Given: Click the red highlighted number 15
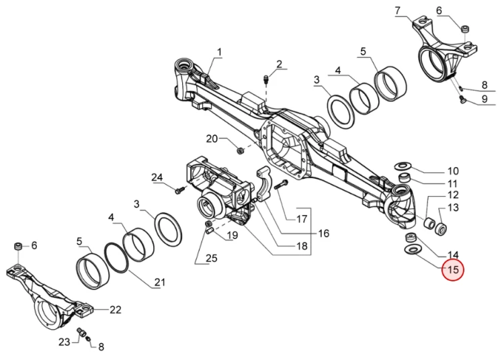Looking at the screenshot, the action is (x=452, y=270).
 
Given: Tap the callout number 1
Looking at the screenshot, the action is (x=220, y=52).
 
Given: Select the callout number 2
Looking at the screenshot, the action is (x=279, y=64).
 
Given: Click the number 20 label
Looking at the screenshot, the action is (x=212, y=139).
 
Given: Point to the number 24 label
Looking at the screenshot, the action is (x=157, y=177).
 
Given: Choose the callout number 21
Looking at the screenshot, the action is (x=160, y=282).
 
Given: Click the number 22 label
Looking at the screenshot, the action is (x=116, y=310).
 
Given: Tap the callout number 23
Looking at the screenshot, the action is (x=64, y=342).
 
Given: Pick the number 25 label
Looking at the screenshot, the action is (x=212, y=258).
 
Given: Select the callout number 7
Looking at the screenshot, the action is (x=398, y=11).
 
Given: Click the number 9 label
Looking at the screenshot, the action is (x=485, y=99).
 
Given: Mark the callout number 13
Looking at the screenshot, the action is (x=453, y=208).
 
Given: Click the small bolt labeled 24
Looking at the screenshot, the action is (x=180, y=190).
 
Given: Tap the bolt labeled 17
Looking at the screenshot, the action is (x=281, y=185).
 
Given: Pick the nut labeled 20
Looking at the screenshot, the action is (x=239, y=150).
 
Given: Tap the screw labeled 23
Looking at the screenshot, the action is (x=82, y=332).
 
